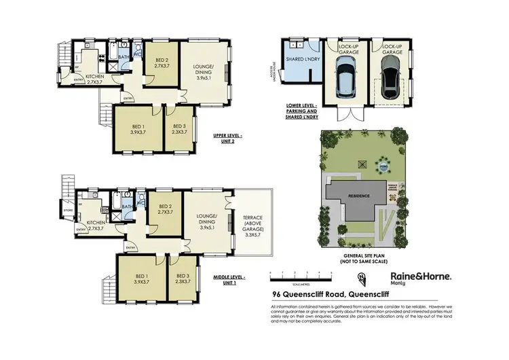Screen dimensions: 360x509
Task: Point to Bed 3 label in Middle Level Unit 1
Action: click(x=182, y=279)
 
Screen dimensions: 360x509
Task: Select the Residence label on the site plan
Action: click(x=360, y=196)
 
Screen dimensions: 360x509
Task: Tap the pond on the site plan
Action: click(x=364, y=164)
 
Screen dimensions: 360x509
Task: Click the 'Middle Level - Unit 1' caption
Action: click(x=231, y=278)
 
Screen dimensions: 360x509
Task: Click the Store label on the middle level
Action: click(x=67, y=211)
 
